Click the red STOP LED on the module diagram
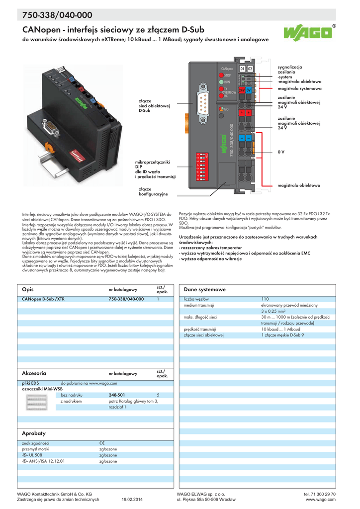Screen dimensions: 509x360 click(220, 75)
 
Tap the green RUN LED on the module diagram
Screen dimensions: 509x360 click(220, 82)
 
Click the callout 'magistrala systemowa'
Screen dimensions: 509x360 click(299, 88)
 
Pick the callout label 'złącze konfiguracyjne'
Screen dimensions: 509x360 click(153, 191)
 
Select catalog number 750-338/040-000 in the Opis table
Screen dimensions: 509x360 click(126, 299)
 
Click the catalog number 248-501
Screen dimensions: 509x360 click(116, 395)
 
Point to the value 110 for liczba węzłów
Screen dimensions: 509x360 click(265, 299)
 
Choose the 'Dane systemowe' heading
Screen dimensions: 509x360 click(204, 289)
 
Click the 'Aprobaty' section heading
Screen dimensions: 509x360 click(34, 433)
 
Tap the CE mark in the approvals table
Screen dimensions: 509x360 click(102, 443)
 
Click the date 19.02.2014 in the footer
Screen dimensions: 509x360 click(132, 500)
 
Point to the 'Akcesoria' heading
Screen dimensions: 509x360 click(34, 373)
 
